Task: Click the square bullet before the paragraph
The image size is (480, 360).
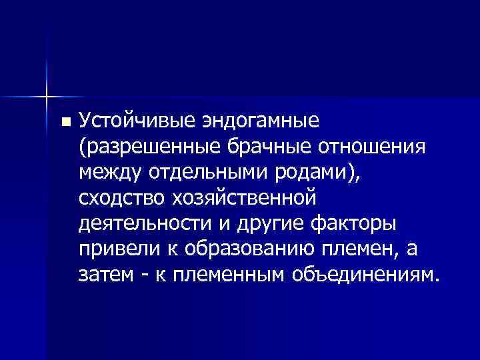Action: tap(64, 123)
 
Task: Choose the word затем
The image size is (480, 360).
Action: tap(102, 275)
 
